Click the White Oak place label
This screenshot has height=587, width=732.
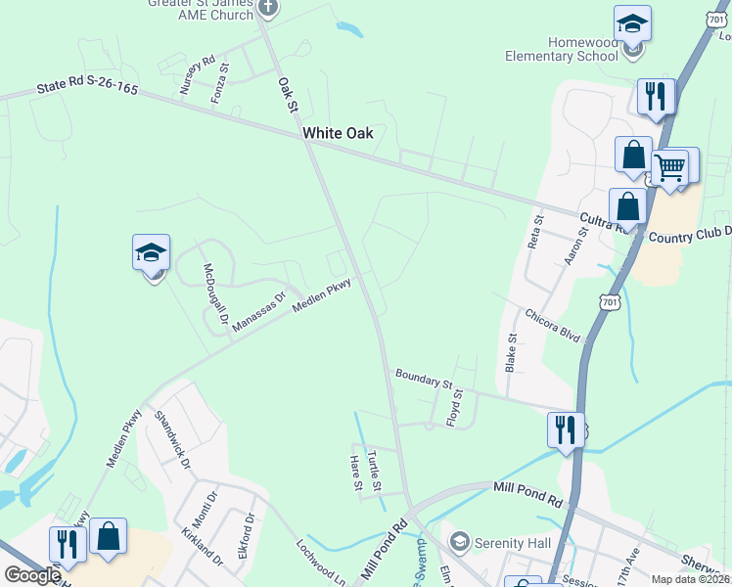(x=338, y=133)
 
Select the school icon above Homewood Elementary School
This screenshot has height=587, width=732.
(x=632, y=23)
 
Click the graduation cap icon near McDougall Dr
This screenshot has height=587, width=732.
(x=151, y=253)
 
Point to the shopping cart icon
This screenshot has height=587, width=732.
(x=670, y=166)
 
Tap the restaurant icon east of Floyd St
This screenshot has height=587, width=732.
(x=566, y=429)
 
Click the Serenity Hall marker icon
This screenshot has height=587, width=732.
(x=459, y=541)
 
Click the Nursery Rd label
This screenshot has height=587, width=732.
(x=197, y=74)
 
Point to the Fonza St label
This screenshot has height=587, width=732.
(x=219, y=84)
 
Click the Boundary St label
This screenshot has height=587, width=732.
(x=424, y=378)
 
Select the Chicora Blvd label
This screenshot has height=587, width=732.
(x=553, y=326)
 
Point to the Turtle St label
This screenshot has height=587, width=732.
(x=374, y=470)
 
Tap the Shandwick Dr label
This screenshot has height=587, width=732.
(x=173, y=434)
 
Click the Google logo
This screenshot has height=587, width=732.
(x=32, y=575)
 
